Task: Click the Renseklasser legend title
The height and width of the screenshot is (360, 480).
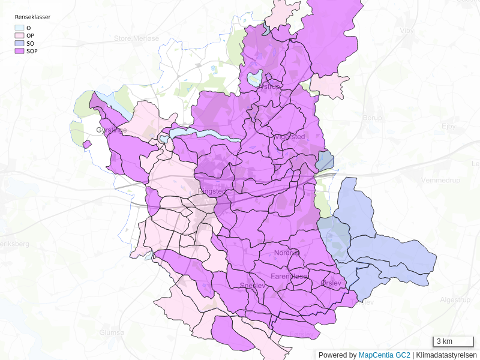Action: pos(32,17)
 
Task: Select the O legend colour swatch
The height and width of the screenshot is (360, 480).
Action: pos(19,28)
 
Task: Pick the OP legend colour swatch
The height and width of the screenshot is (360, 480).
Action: pos(19,35)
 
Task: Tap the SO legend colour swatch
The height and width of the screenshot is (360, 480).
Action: pos(19,43)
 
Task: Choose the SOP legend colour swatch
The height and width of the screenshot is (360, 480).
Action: pos(19,51)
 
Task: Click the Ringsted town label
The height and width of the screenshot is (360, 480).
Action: pos(211,191)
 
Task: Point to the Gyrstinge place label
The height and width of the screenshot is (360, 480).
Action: pos(112,130)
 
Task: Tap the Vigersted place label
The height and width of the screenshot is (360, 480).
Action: pos(289,137)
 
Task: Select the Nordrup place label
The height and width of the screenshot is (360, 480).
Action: pos(287,253)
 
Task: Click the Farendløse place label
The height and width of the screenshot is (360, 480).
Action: pos(289,277)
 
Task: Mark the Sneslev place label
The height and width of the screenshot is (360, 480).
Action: pos(252,286)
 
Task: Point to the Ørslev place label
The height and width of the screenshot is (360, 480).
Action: pos(331,283)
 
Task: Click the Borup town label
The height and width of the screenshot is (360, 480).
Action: pos(372,118)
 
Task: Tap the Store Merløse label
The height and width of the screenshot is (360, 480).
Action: pos(136,38)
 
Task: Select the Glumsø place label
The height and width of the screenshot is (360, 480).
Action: pos(112,332)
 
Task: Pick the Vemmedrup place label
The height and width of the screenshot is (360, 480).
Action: pos(440,180)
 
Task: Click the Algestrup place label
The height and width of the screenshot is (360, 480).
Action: pos(455,299)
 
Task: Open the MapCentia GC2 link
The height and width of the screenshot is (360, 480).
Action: pos(384,355)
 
